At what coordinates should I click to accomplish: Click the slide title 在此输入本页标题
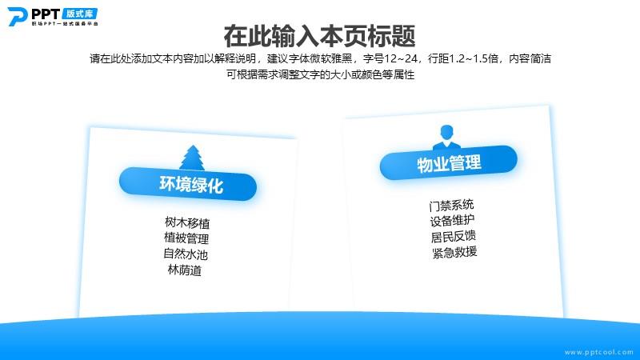coord(319,36)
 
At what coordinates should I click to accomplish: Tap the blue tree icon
coord(192,158)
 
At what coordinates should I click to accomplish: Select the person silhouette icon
coord(446,137)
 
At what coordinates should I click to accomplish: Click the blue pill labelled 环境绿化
coord(188,184)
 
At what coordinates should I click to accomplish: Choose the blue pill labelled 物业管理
coord(449,163)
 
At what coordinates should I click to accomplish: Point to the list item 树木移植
coord(187,223)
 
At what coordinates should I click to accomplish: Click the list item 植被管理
coord(186,238)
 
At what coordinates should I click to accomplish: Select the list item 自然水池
coord(186,254)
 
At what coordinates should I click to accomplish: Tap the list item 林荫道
coord(185,270)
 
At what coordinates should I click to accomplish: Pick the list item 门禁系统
coord(451,205)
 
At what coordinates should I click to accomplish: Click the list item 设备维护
coord(452,221)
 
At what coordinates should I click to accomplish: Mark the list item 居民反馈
coord(454,236)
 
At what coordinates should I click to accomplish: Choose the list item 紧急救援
coord(454,252)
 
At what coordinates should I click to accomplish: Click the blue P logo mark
coord(17,17)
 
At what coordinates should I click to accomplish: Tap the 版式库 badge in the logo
coord(80,14)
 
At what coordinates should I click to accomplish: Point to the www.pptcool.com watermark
coord(598,352)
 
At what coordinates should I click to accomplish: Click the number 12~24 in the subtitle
coord(401,58)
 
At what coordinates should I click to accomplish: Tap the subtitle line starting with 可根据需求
coord(321,74)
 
